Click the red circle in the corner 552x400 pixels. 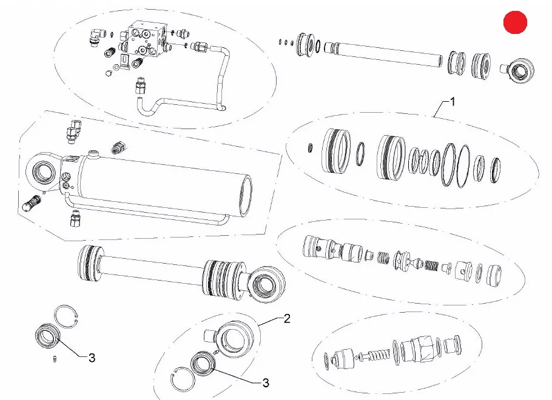[x=516, y=22]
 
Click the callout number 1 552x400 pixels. [x=453, y=102]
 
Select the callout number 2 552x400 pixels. [x=287, y=318]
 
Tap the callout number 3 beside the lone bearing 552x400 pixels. [x=92, y=358]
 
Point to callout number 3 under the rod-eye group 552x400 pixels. [x=266, y=382]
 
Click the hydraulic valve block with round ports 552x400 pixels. [x=147, y=39]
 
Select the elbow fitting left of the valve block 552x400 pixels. [x=96, y=37]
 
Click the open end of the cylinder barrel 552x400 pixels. [x=246, y=196]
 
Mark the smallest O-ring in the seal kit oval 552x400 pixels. [x=310, y=148]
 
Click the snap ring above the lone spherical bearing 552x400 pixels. [x=67, y=317]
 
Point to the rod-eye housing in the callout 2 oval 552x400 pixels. [x=232, y=338]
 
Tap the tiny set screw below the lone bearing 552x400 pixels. [x=55, y=359]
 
